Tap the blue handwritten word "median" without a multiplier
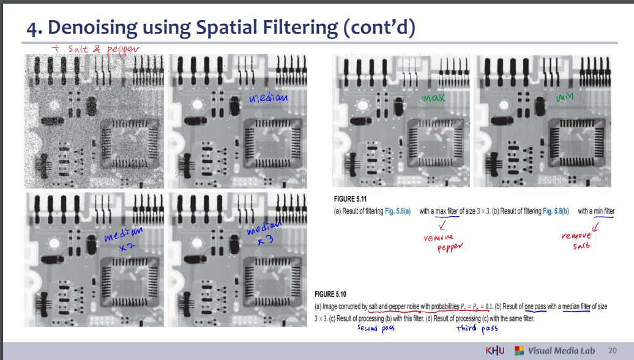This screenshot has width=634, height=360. click(268, 97)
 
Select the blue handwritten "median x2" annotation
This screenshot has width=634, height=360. click(123, 239)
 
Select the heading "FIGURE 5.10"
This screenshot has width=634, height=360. click(331, 294)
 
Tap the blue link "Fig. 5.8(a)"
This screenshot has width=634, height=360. click(397, 211)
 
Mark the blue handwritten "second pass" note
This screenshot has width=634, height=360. click(376, 328)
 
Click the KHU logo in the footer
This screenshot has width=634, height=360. click(496, 350)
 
